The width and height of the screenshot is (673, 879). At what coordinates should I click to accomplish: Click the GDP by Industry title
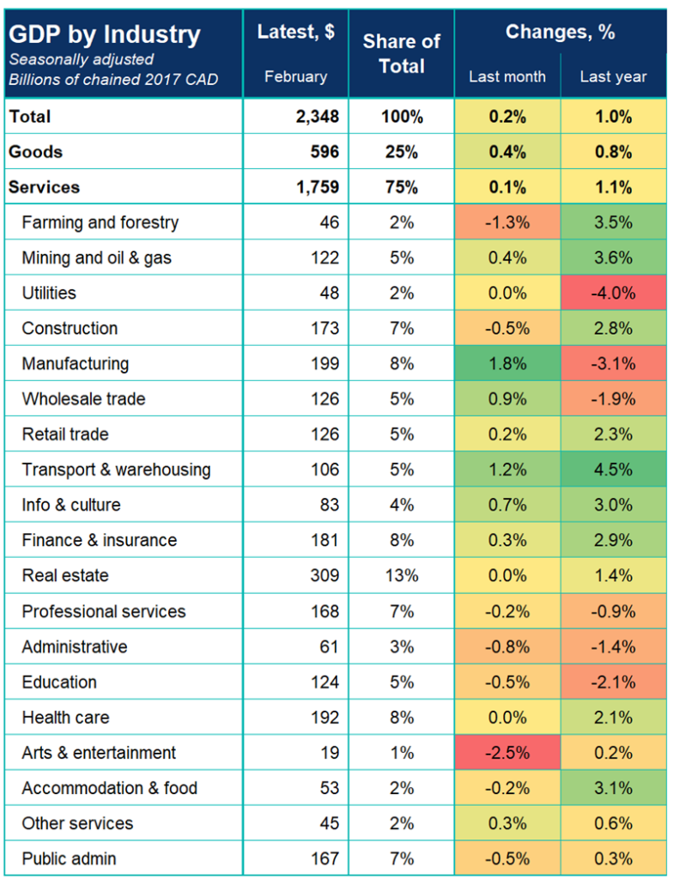(x=104, y=35)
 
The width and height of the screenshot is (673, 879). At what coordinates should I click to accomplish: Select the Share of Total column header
(x=401, y=53)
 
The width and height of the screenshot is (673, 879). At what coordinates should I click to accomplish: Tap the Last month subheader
(x=506, y=76)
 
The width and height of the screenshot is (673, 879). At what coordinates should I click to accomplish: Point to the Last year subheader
(x=613, y=76)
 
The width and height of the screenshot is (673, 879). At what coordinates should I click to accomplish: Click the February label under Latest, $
(x=295, y=76)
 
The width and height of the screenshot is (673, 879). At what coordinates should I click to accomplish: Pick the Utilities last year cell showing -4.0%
(x=613, y=293)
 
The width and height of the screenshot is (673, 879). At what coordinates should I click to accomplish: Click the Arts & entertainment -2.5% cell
(x=506, y=753)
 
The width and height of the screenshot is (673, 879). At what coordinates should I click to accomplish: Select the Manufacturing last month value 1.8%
(x=506, y=363)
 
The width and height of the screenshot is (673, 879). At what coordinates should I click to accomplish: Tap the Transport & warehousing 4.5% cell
(x=613, y=470)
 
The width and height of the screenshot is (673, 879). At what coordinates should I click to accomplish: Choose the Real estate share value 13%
(x=401, y=575)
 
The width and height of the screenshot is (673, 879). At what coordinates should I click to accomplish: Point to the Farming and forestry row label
(x=100, y=222)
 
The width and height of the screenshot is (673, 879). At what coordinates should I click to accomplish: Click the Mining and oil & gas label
(x=96, y=258)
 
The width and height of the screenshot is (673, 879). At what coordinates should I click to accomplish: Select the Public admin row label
(x=69, y=858)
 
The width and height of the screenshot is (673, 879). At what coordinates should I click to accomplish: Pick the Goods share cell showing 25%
(x=401, y=152)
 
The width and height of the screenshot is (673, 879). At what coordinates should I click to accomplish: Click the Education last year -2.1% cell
(x=613, y=682)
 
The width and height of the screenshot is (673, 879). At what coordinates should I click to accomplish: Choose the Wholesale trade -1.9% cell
(x=613, y=398)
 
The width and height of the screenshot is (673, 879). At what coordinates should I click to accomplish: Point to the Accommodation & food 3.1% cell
(x=613, y=788)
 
